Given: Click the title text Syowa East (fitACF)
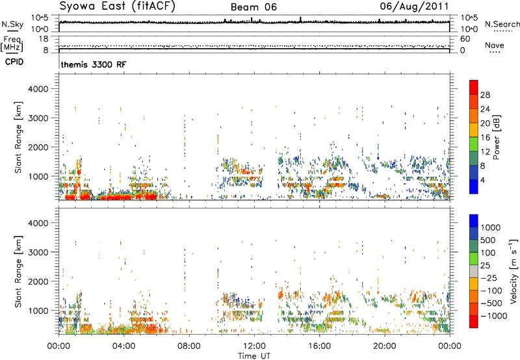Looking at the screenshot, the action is tap(117, 6).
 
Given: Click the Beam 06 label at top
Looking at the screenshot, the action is tap(253, 7).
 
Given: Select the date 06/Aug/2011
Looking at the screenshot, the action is tap(414, 6).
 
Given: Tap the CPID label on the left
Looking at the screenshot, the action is tap(14, 62).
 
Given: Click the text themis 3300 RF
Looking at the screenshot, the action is tap(94, 64).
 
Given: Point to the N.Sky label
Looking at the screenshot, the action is tap(12, 24).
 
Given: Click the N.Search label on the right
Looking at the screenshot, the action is tap(502, 24).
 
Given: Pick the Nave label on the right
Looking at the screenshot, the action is tap(495, 45).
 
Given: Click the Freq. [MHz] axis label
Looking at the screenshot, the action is tap(12, 44).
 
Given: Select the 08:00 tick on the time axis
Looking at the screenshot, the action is tap(188, 346).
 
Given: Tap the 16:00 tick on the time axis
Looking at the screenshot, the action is tap(319, 346).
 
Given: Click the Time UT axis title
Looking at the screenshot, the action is tap(254, 356).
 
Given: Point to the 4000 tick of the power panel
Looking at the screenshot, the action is tap(38, 89).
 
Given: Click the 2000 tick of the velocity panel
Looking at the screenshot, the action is tap(38, 281).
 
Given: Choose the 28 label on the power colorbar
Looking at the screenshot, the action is tap(485, 95).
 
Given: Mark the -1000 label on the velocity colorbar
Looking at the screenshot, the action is tap(494, 316).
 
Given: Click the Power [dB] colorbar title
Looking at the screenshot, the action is tap(497, 137).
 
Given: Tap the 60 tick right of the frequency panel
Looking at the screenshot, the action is tap(465, 39).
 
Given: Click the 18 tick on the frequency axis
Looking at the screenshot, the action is tap(44, 39).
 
